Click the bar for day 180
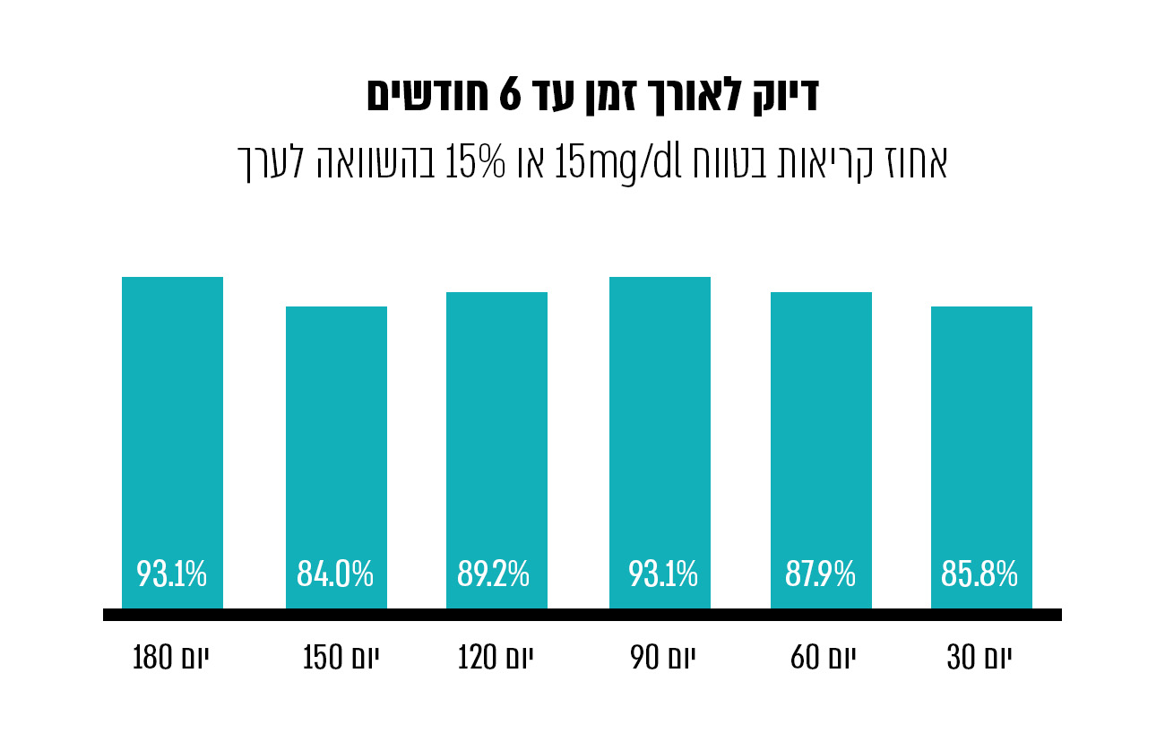[172, 421]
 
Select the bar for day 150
[336, 430]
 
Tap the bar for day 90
[660, 421]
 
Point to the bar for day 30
[981, 430]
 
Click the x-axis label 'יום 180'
[175, 660]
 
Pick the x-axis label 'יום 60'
[823, 660]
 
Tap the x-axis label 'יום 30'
[979, 660]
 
